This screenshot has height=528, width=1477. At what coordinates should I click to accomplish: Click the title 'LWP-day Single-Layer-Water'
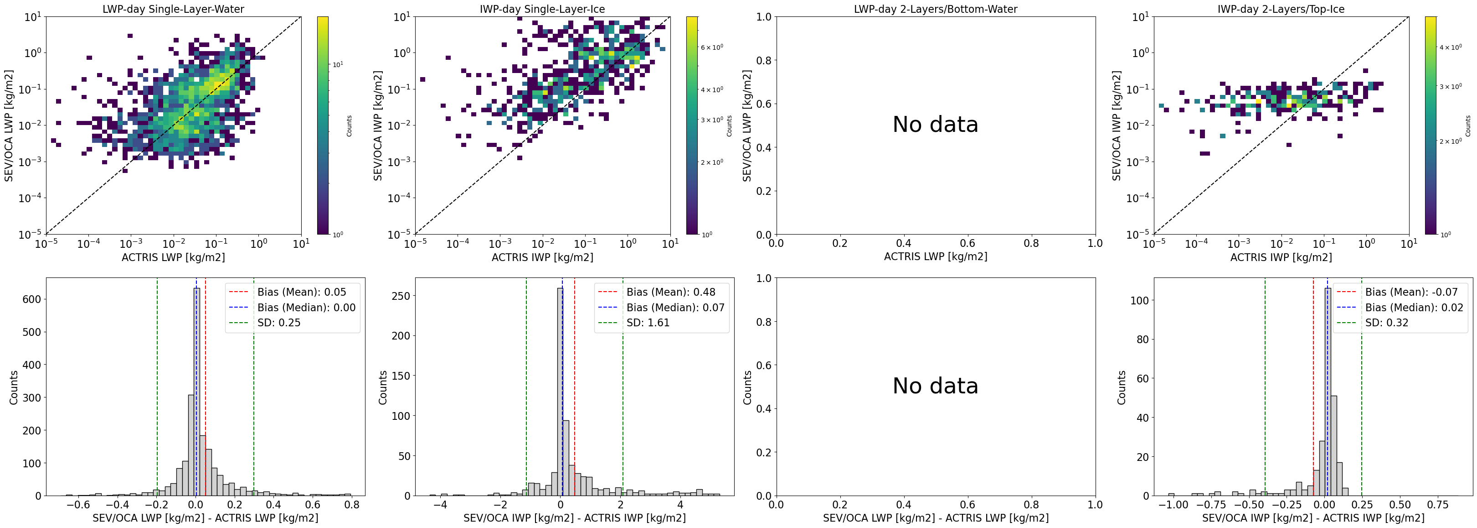(173, 9)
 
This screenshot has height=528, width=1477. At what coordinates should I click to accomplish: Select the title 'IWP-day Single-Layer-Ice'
(542, 9)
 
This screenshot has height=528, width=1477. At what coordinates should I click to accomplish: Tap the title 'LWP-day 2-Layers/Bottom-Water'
(935, 9)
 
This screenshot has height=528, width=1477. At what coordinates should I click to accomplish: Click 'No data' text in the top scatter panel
(935, 125)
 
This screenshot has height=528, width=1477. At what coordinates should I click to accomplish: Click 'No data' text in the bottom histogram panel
(935, 386)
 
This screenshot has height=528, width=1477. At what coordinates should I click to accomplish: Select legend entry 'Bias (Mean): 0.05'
(302, 292)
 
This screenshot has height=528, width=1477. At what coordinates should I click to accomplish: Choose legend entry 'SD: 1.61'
(648, 323)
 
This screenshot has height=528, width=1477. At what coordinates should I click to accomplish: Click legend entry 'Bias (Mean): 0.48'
(671, 292)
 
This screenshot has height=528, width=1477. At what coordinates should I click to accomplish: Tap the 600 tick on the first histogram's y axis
(31, 299)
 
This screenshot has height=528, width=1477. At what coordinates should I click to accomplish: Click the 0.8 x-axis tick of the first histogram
(351, 505)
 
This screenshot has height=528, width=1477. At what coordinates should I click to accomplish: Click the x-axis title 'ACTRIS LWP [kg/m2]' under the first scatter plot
(173, 257)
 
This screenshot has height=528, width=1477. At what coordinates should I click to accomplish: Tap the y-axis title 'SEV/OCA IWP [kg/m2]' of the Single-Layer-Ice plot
(378, 125)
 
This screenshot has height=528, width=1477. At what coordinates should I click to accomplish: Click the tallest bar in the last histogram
(1328, 390)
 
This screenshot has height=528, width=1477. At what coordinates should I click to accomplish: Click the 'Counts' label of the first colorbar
(349, 125)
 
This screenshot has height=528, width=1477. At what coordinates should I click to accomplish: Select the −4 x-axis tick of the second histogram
(440, 505)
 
